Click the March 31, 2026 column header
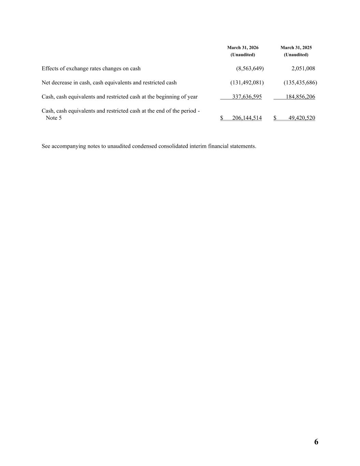point(243,48)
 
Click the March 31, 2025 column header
point(296,48)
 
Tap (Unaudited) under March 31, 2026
point(243,55)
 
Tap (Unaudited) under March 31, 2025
point(296,55)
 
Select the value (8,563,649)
point(250,69)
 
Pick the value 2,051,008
point(303,69)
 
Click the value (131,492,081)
point(247,83)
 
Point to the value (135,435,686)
point(300,83)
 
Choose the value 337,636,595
point(247,97)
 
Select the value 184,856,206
point(300,97)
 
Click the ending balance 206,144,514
point(247,118)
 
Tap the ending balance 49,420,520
point(302,118)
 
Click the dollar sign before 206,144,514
point(222,118)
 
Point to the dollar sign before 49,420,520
point(275,118)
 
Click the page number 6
point(316,442)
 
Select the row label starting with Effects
point(91,69)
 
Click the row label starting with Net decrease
point(109,83)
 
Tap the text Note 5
point(54,118)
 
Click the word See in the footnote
point(46,146)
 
